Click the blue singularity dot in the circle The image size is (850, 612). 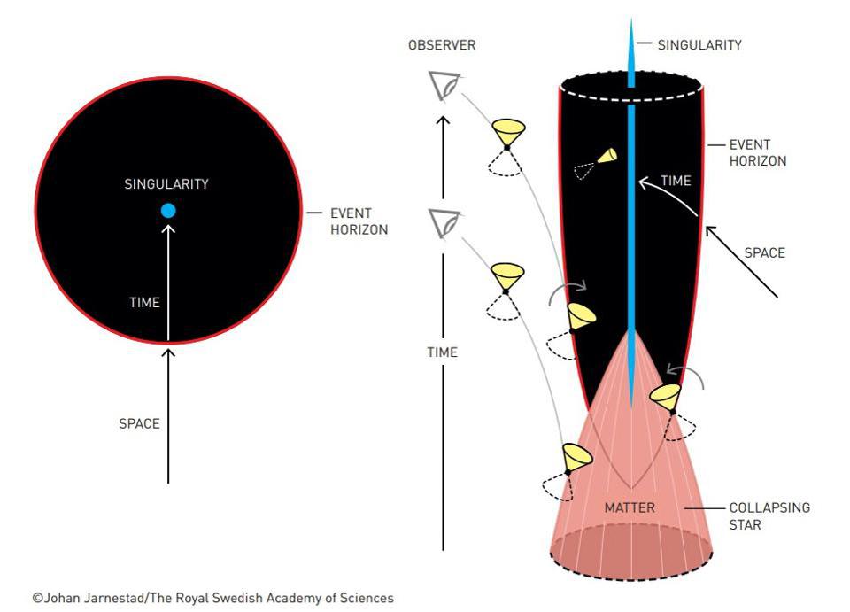(x=168, y=211)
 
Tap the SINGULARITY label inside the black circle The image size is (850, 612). (x=166, y=184)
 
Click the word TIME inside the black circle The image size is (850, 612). (x=144, y=302)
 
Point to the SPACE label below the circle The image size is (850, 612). (x=139, y=423)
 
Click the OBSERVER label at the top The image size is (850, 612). (x=442, y=45)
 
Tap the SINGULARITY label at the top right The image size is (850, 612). (x=699, y=44)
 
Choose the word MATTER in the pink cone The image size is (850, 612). (x=630, y=507)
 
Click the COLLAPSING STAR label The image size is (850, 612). (x=769, y=516)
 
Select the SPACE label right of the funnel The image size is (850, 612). (x=764, y=252)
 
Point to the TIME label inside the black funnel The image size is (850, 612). (x=676, y=181)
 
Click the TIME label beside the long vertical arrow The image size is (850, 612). (x=442, y=352)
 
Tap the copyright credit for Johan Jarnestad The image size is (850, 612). (x=212, y=598)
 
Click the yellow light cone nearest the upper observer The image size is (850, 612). (x=509, y=132)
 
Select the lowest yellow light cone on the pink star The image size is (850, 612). (x=576, y=458)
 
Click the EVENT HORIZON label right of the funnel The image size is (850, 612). (x=757, y=152)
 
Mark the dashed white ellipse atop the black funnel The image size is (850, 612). (x=630, y=88)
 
